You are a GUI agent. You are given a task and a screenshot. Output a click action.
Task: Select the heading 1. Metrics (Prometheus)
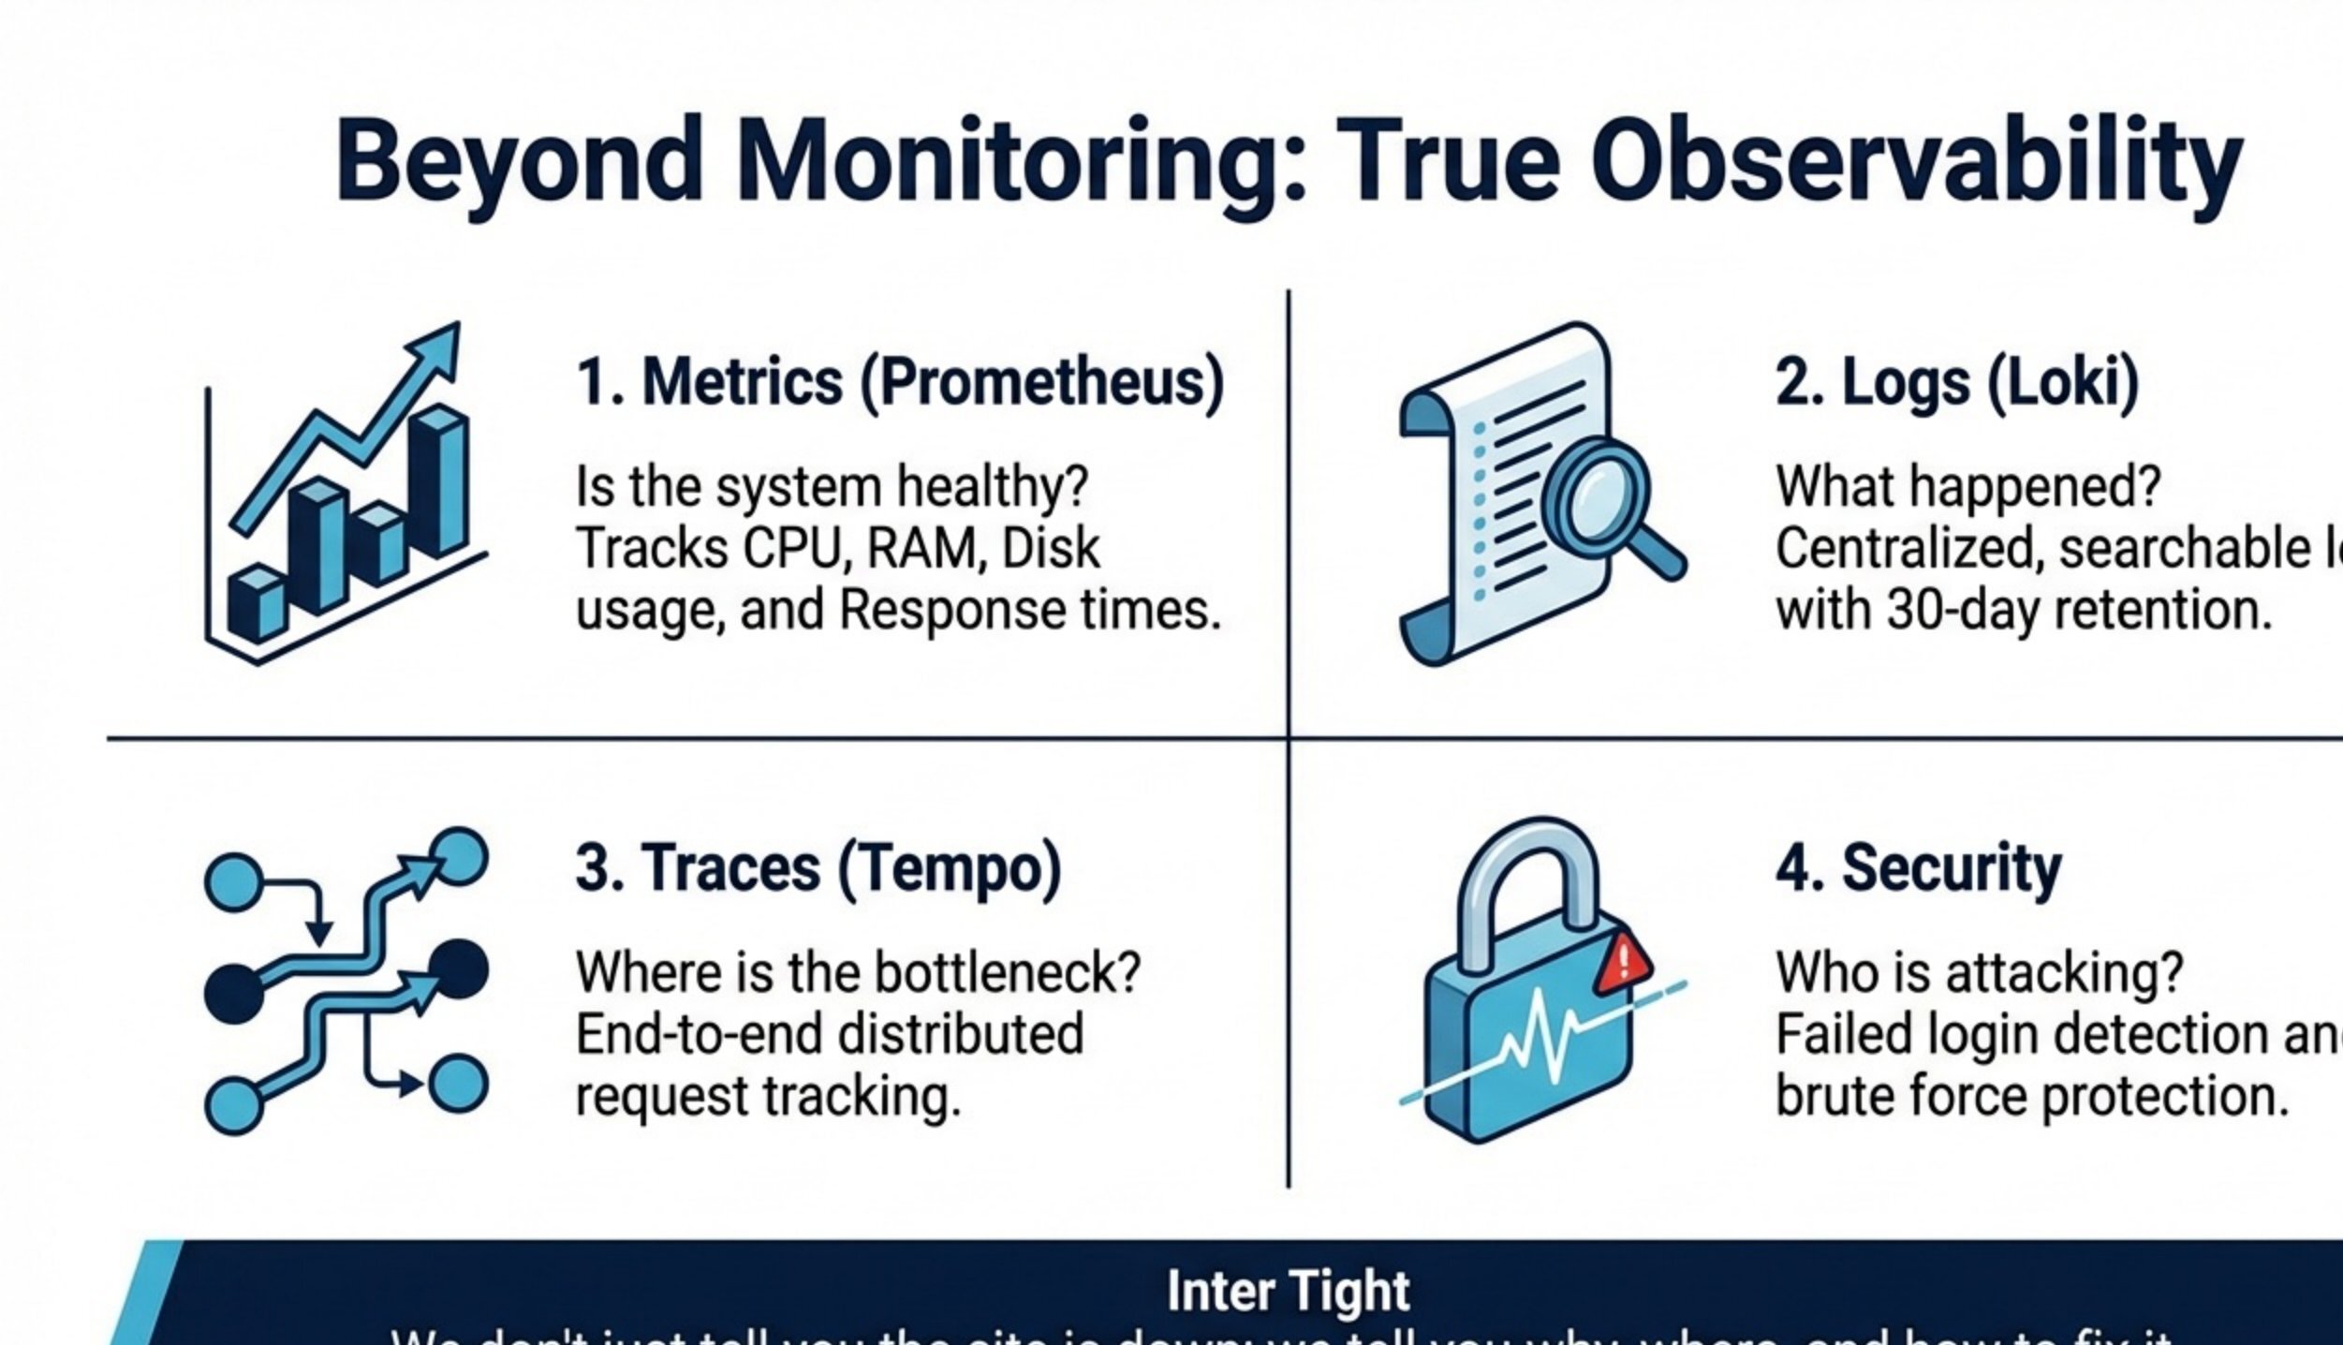[x=900, y=381]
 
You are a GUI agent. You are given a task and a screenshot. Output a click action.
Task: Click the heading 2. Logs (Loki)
[x=1957, y=381]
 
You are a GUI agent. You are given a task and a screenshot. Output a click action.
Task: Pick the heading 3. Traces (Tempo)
[x=818, y=867]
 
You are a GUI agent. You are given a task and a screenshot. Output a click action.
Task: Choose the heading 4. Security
[x=1918, y=867]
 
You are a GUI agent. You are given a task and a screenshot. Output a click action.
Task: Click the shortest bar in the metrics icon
[x=256, y=604]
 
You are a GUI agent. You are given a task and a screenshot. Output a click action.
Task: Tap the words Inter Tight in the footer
[x=1288, y=1292]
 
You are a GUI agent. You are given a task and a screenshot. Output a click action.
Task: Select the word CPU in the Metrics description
[x=796, y=548]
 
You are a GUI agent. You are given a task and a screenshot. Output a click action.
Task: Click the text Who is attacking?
[x=1979, y=972]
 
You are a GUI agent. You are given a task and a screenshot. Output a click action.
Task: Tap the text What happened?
[x=1967, y=486]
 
